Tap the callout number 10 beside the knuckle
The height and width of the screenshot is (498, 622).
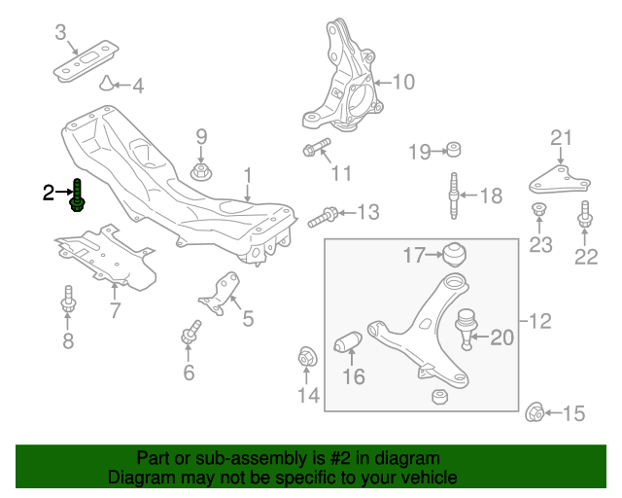[x=402, y=82]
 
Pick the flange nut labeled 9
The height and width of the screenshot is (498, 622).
[x=201, y=173]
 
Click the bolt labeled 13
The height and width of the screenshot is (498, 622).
[x=327, y=214]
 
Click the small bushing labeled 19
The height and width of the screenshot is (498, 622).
[x=452, y=150]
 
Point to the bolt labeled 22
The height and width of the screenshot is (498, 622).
[x=585, y=216]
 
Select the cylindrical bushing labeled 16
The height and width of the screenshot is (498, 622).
[x=349, y=343]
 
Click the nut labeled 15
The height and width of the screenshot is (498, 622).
[x=534, y=412]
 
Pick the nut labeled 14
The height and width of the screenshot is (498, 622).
[x=306, y=357]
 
